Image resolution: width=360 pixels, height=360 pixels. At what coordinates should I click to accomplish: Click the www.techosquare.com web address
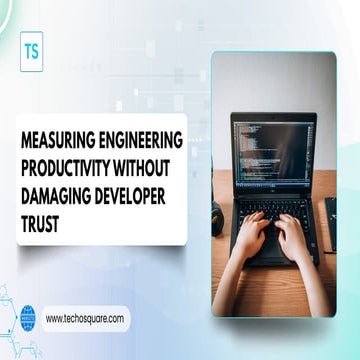[85, 318]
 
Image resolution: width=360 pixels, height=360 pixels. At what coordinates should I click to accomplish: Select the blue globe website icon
[28, 319]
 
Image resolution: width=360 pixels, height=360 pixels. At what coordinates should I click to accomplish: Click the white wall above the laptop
[270, 80]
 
